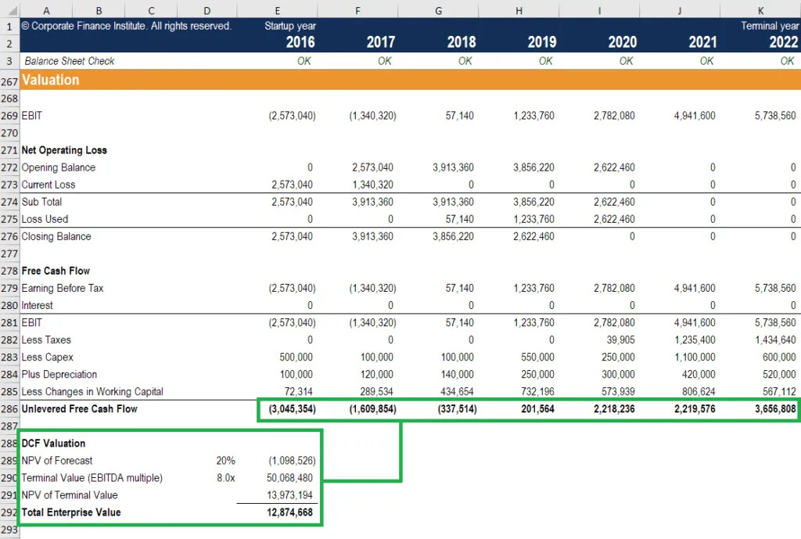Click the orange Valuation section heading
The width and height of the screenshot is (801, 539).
click(51, 80)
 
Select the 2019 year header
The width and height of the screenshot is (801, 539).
click(541, 42)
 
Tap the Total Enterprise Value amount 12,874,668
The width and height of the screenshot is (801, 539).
click(289, 512)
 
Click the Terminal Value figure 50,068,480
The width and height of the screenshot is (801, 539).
click(289, 478)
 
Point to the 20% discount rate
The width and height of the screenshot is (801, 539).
click(225, 461)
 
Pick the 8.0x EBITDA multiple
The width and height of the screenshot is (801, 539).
click(225, 478)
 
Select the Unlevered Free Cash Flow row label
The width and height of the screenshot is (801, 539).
click(79, 409)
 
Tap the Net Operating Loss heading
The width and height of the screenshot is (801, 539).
click(64, 150)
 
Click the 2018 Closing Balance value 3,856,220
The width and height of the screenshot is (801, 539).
click(453, 236)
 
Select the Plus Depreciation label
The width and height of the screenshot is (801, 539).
click(59, 375)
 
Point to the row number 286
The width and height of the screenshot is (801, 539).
click(9, 409)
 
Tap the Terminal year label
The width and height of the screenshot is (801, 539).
click(769, 26)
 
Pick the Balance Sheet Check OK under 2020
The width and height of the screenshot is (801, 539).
click(626, 61)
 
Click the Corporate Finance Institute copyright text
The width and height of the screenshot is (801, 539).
click(127, 26)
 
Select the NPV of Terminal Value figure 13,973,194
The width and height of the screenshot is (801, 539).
click(289, 495)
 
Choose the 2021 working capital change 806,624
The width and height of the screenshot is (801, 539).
click(694, 392)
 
